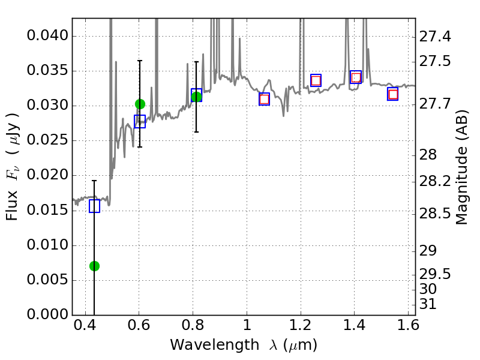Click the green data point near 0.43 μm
tap(94, 266)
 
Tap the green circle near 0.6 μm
tap(140, 104)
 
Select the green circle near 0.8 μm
tap(196, 97)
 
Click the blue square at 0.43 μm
tap(94, 206)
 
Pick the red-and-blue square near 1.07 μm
tap(264, 99)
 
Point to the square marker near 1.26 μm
tap(316, 80)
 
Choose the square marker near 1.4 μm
tap(356, 77)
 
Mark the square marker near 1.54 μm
tap(393, 94)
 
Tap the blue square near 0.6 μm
tap(140, 122)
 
